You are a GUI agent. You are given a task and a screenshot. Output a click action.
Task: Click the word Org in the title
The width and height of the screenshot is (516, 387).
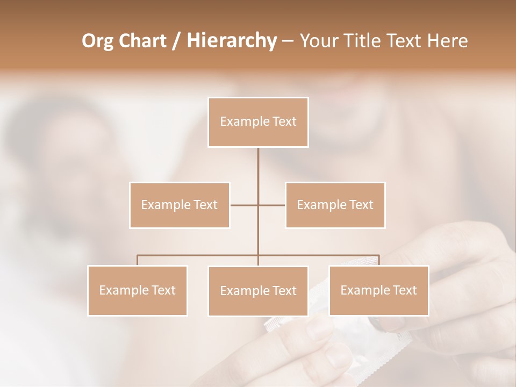coord(98,41)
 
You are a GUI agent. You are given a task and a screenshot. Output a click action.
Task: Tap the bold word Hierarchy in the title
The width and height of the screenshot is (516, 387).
coord(232,41)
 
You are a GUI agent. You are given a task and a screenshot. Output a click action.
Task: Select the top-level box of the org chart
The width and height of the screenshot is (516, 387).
coord(258,122)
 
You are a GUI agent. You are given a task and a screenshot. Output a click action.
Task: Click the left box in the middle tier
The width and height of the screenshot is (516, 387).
coord(180,205)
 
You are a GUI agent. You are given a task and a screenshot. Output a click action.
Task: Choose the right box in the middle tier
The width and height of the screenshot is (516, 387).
coord(335,205)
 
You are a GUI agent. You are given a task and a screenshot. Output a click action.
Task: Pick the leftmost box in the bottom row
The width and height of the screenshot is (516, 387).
coord(138,290)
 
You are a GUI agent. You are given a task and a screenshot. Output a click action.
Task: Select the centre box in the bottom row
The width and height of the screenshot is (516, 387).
coord(258,291)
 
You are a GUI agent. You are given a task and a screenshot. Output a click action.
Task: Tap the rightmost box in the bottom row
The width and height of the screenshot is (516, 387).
coord(378,290)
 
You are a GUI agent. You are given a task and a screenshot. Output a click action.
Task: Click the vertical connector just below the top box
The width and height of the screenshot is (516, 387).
coord(258,172)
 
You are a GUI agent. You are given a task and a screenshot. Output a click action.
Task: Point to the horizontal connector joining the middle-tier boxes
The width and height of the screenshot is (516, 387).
coord(245,205)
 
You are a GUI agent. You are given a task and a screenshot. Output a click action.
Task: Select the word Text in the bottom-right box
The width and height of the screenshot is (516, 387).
coord(405,290)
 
